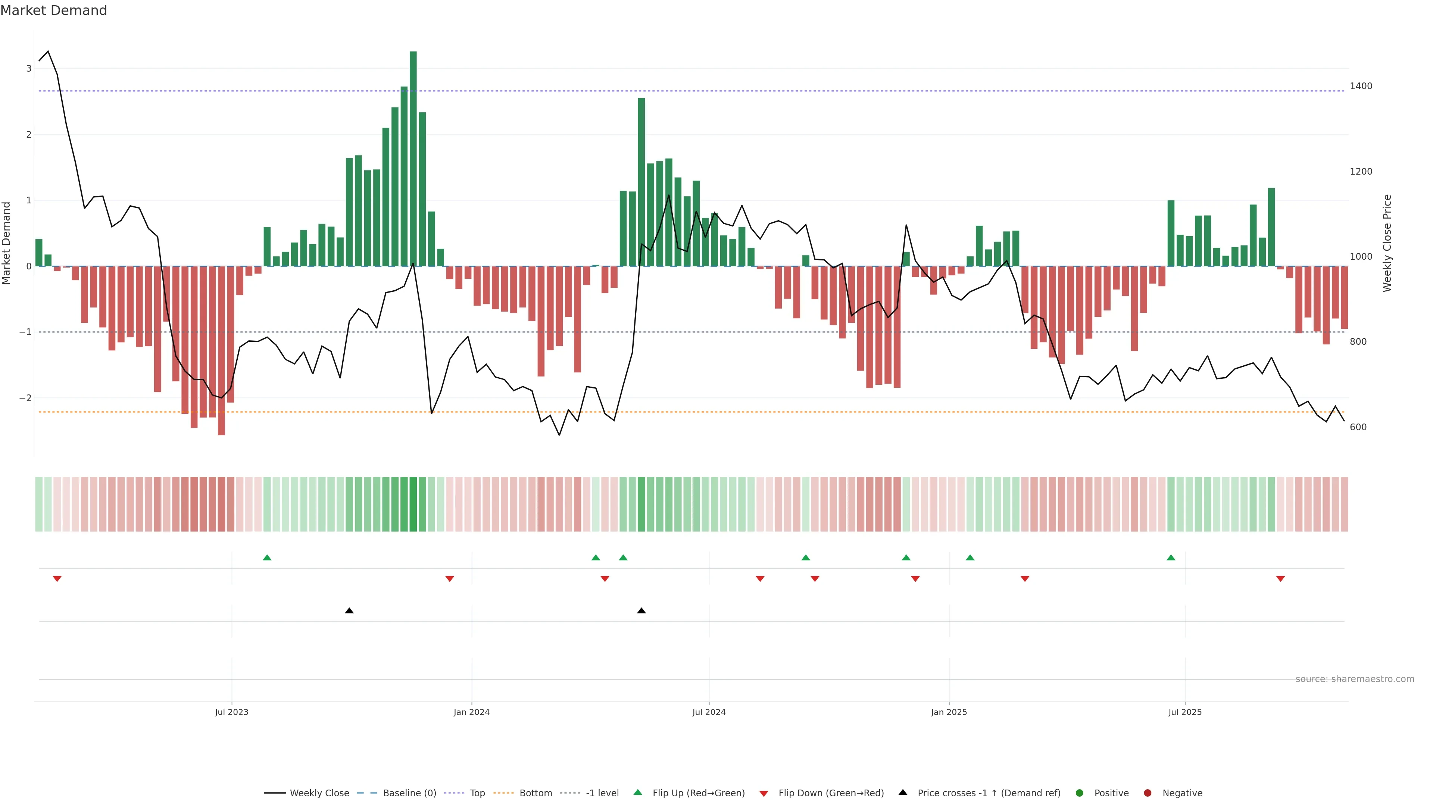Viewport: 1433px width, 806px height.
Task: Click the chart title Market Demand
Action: point(53,10)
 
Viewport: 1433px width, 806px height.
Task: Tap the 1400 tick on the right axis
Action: point(1361,86)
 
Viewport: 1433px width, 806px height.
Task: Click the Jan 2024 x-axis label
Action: point(471,712)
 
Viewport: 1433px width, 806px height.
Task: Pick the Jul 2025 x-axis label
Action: point(1185,712)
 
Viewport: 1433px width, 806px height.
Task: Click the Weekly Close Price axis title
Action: point(1387,243)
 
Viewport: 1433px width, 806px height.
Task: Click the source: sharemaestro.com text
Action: point(1355,679)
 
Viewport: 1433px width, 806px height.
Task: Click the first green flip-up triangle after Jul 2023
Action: point(267,557)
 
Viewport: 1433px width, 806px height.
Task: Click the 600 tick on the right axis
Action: point(1358,427)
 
